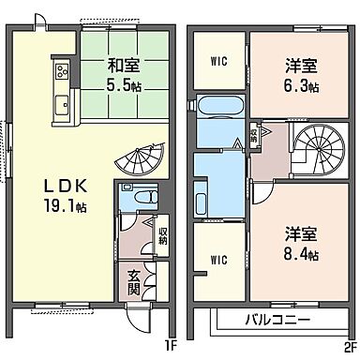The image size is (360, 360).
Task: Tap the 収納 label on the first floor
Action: click(x=162, y=233)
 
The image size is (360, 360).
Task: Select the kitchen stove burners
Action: click(x=61, y=71)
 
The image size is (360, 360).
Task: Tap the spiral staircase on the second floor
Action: click(x=319, y=150)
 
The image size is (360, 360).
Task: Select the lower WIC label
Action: click(x=217, y=259)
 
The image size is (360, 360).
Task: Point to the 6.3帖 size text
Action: click(x=302, y=87)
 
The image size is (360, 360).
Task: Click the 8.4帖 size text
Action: click(x=302, y=255)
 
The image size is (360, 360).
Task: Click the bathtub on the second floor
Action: click(x=216, y=105)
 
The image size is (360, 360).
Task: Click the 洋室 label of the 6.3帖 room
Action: click(x=301, y=67)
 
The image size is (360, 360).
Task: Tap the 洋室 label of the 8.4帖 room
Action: click(x=301, y=234)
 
